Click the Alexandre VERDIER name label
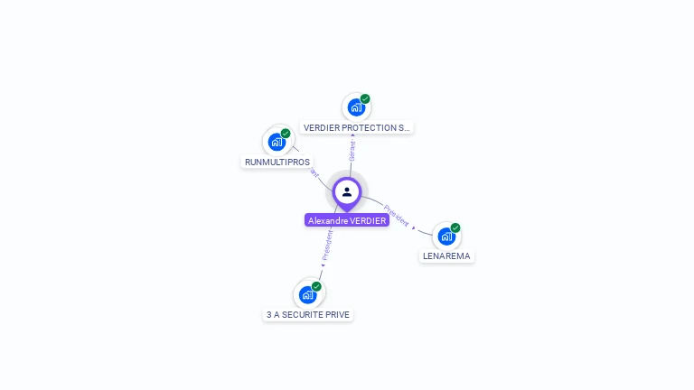(347, 220)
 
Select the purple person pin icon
(347, 191)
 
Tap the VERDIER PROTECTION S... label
(357, 128)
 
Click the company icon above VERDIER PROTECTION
(356, 107)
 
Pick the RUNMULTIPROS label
(277, 162)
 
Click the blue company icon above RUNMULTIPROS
(277, 142)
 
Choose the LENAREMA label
(446, 256)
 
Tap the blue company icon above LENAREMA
(446, 237)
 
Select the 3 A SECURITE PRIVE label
(308, 315)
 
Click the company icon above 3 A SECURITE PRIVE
(307, 295)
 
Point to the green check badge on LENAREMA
(455, 228)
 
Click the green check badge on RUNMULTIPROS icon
(286, 134)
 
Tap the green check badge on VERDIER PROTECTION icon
(365, 99)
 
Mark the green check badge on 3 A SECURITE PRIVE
(316, 287)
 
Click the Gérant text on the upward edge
(352, 151)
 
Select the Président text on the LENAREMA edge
(397, 209)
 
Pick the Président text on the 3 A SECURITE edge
(327, 245)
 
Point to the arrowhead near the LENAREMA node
(414, 227)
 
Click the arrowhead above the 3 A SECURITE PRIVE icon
(322, 266)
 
